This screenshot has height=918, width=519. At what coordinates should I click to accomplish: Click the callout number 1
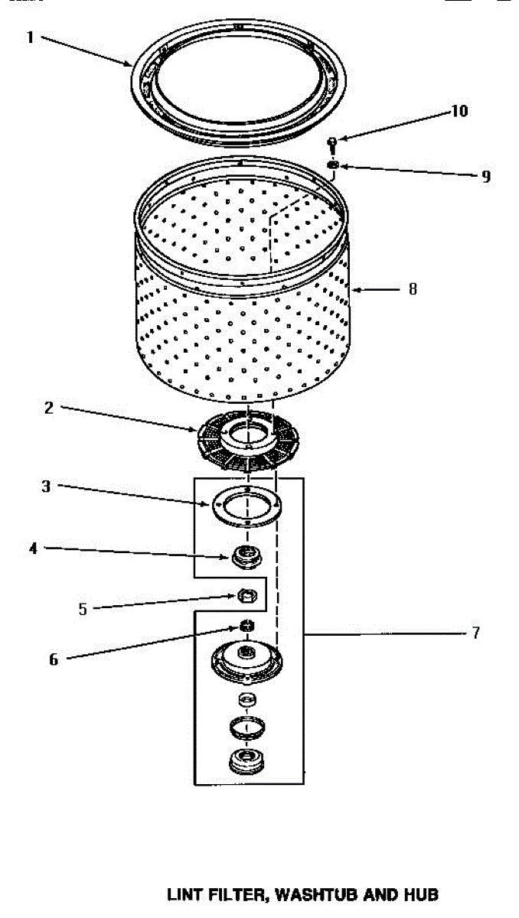coord(31,37)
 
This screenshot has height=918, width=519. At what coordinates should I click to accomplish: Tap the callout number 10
coord(459,112)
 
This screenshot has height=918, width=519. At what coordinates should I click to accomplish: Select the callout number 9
coord(485,177)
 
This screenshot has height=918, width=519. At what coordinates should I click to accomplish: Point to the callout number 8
coord(413,289)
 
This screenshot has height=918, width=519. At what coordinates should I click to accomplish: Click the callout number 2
coord(49,408)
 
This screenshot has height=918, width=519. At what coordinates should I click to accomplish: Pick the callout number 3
coord(46,486)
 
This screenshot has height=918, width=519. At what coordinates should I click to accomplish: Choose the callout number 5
coord(83,609)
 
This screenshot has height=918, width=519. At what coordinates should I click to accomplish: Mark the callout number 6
coord(53,659)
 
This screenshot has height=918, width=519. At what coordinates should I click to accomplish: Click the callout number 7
coord(475,633)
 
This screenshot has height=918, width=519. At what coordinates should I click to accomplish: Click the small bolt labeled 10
coord(333,142)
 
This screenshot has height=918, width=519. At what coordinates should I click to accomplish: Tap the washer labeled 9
coord(333,164)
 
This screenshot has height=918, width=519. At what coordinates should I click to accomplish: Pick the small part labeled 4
coord(246,555)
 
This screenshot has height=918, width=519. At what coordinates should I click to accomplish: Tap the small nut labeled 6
coord(246,627)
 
